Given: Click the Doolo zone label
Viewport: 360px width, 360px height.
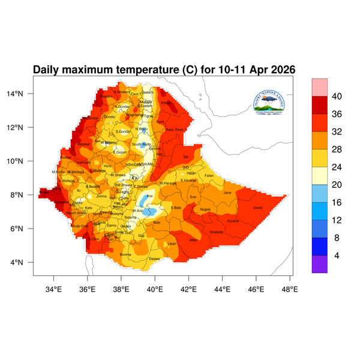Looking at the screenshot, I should [x=258, y=208].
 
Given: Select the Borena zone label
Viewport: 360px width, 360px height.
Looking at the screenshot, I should [x=125, y=255].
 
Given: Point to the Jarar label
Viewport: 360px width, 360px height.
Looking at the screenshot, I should [x=227, y=193].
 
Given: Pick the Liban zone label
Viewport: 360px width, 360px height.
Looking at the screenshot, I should [x=172, y=244].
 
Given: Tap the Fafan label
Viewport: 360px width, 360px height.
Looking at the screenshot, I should [x=209, y=175].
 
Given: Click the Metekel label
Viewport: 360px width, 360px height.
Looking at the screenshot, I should [x=83, y=145].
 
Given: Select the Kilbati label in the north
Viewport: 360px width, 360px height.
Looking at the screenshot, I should [x=166, y=103].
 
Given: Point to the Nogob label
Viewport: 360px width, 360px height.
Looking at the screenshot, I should [x=205, y=209].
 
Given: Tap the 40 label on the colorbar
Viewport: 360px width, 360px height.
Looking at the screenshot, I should [x=337, y=97].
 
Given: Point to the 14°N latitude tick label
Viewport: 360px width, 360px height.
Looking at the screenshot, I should [x=22, y=94].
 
